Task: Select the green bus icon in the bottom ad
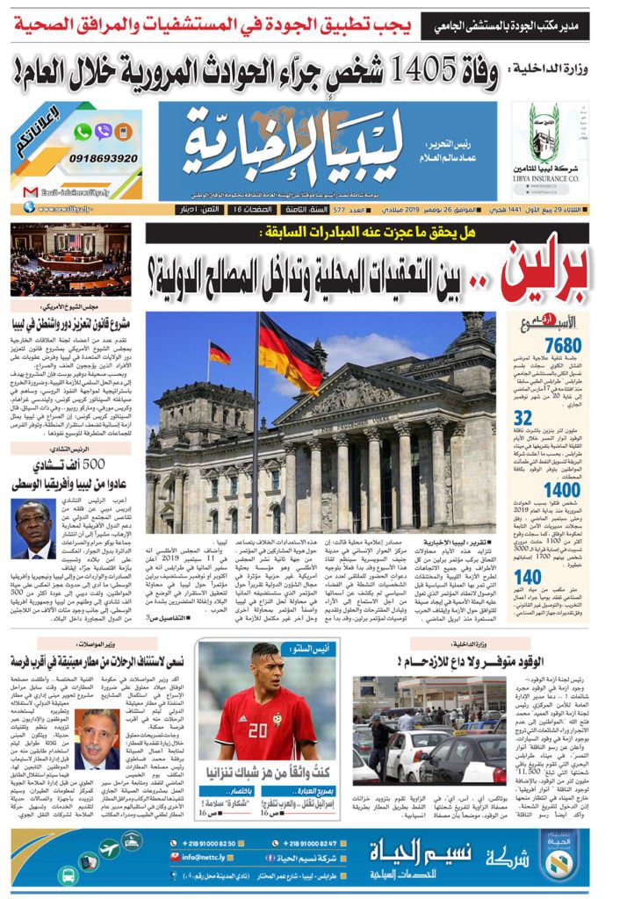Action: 68,874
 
